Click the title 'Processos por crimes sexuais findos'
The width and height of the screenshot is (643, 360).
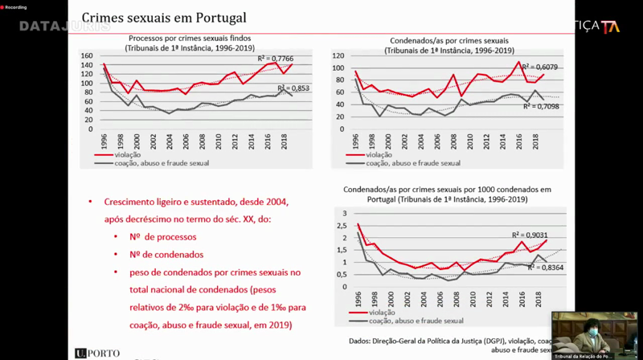point(190,39)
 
